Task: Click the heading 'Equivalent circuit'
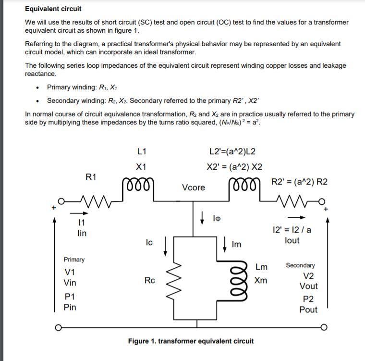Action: (53, 9)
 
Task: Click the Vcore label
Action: (193, 187)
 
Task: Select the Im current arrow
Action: (226, 243)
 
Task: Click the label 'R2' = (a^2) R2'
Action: (299, 181)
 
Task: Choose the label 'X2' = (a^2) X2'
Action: (234, 167)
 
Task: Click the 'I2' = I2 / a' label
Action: (292, 230)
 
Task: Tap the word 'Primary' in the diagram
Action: (74, 260)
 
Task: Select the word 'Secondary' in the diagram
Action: (301, 265)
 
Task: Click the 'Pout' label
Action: (308, 310)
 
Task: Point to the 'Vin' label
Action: (70, 283)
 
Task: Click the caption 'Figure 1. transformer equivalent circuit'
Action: (191, 341)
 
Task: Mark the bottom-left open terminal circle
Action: (58, 329)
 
